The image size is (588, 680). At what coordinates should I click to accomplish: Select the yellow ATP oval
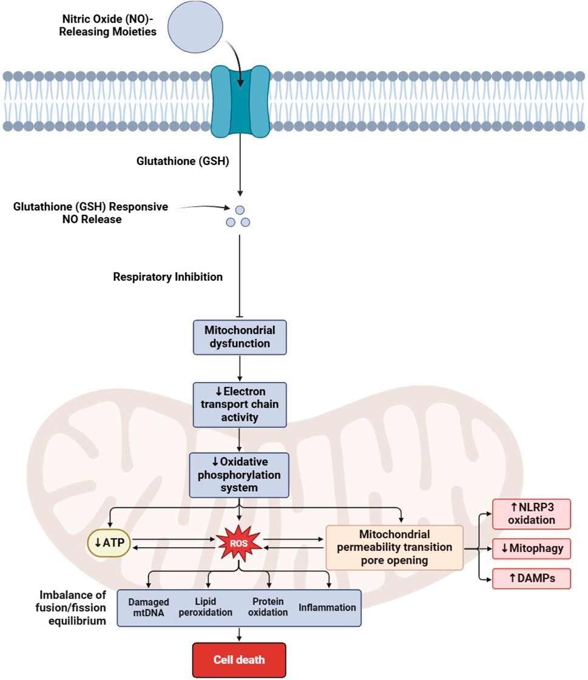pyautogui.click(x=110, y=542)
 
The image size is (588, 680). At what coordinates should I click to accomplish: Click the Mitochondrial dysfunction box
pyautogui.click(x=240, y=337)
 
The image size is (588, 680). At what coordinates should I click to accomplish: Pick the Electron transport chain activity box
pyautogui.click(x=240, y=403)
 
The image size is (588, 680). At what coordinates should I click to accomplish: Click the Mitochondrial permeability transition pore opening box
pyautogui.click(x=394, y=547)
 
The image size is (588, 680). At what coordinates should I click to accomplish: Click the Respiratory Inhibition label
pyautogui.click(x=168, y=277)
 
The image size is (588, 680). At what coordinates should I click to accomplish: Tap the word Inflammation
pyautogui.click(x=327, y=607)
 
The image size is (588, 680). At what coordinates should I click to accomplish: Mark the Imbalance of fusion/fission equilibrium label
pyautogui.click(x=72, y=607)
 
